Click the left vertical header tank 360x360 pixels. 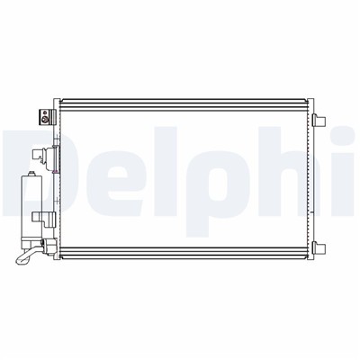58,175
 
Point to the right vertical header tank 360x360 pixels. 312,175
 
